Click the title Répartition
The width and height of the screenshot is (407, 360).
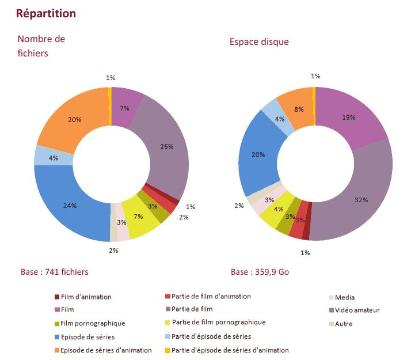pos(46,13)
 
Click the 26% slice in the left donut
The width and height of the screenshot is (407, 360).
pos(166,147)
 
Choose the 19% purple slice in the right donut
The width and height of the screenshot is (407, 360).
pos(349,118)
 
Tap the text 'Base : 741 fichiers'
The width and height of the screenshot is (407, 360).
pos(54,271)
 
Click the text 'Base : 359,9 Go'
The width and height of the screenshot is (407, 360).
pos(260,272)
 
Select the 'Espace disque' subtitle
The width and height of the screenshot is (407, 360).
pos(259,41)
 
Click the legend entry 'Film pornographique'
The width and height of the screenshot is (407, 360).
pos(92,323)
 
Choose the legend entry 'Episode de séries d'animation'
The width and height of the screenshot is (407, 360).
pos(105,350)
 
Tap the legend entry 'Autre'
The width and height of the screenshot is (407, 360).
pos(343,324)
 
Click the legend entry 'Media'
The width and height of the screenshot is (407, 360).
pos(344,297)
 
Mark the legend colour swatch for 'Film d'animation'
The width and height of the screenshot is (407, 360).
pos(56,297)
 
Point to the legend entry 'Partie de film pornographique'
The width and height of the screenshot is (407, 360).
pos(218,322)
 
